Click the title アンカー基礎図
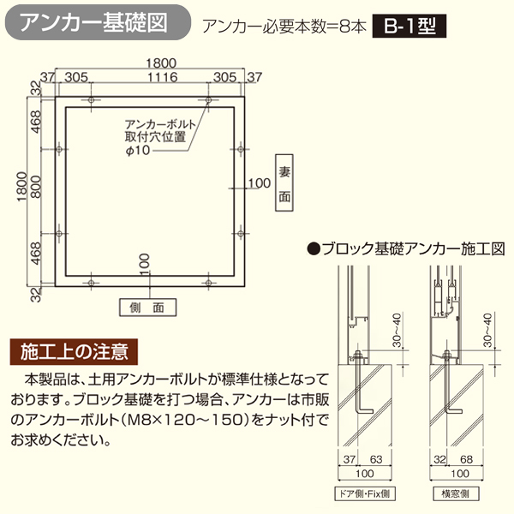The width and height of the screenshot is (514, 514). pos(93,23)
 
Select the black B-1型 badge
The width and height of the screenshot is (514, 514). pos(409,26)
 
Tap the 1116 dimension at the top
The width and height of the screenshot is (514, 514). pos(162,77)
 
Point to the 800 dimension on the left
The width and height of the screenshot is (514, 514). pos(36,187)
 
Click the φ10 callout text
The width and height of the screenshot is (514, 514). pos(138,151)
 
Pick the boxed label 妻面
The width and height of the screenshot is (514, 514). pos(284,183)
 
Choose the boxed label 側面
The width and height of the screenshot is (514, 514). pos(147,308)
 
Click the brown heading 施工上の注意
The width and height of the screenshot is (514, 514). pos(74,352)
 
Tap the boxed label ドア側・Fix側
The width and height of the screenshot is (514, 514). pos(365,493)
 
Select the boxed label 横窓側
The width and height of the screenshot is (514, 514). pos(456,493)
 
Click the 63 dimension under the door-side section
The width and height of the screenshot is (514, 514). pos(376,459)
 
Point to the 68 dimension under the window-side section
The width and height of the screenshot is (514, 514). pos(466,459)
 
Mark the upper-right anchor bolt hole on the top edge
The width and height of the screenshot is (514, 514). pos(208,99)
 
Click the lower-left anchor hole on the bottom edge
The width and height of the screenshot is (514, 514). pos(91,283)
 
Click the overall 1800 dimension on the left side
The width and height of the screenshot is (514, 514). pos(21,186)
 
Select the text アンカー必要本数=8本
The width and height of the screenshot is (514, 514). pos(284,27)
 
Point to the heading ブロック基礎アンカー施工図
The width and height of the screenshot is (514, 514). pos(406,249)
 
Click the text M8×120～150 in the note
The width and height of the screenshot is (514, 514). pos(187,420)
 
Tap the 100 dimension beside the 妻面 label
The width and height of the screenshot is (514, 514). pos(260,183)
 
